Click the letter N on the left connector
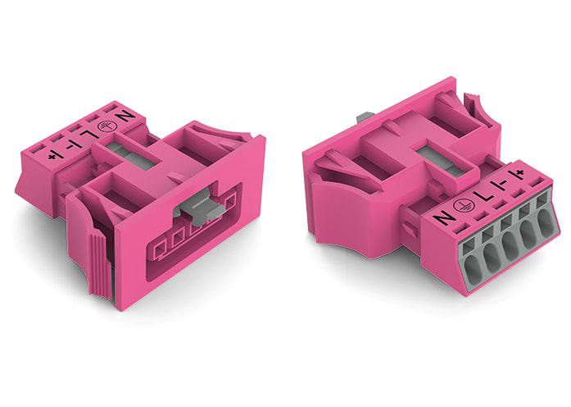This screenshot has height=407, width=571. click(127, 119)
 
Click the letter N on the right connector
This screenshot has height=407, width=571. click(443, 218)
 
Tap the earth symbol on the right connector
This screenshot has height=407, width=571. click(464, 206)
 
